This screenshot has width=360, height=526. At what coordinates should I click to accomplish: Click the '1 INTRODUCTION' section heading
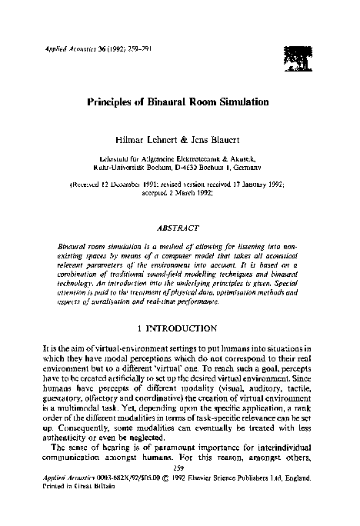point(180,328)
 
